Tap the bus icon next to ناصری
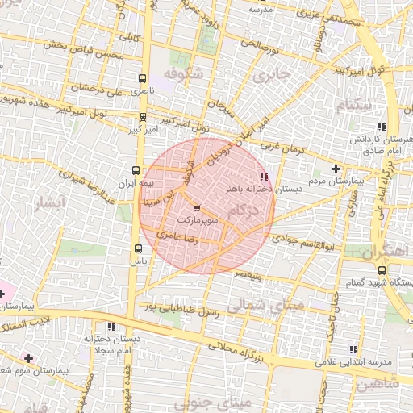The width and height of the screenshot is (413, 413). (143, 79)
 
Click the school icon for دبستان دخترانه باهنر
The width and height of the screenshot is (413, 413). (263, 176)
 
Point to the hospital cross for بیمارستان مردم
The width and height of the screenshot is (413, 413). (336, 169)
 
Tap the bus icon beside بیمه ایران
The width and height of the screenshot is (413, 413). (135, 171)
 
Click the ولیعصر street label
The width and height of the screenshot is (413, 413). (248, 275)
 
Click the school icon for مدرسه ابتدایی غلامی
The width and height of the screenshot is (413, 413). (353, 349)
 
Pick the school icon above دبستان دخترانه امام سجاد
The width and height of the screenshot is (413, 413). (111, 327)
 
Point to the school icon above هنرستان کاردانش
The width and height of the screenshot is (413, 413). (381, 127)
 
